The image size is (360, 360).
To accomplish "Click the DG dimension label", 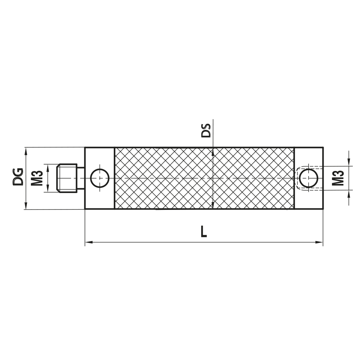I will [x=18, y=176].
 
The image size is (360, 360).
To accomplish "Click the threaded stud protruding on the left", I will [x=67, y=178].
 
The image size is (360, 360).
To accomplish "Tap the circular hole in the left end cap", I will [x=100, y=178].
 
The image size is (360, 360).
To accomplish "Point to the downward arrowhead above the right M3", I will [x=348, y=163].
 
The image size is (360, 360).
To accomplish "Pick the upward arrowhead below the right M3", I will [x=348, y=194].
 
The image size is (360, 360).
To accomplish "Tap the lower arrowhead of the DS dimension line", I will [x=213, y=205].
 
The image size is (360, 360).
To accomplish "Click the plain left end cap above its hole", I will [x=100, y=157].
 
